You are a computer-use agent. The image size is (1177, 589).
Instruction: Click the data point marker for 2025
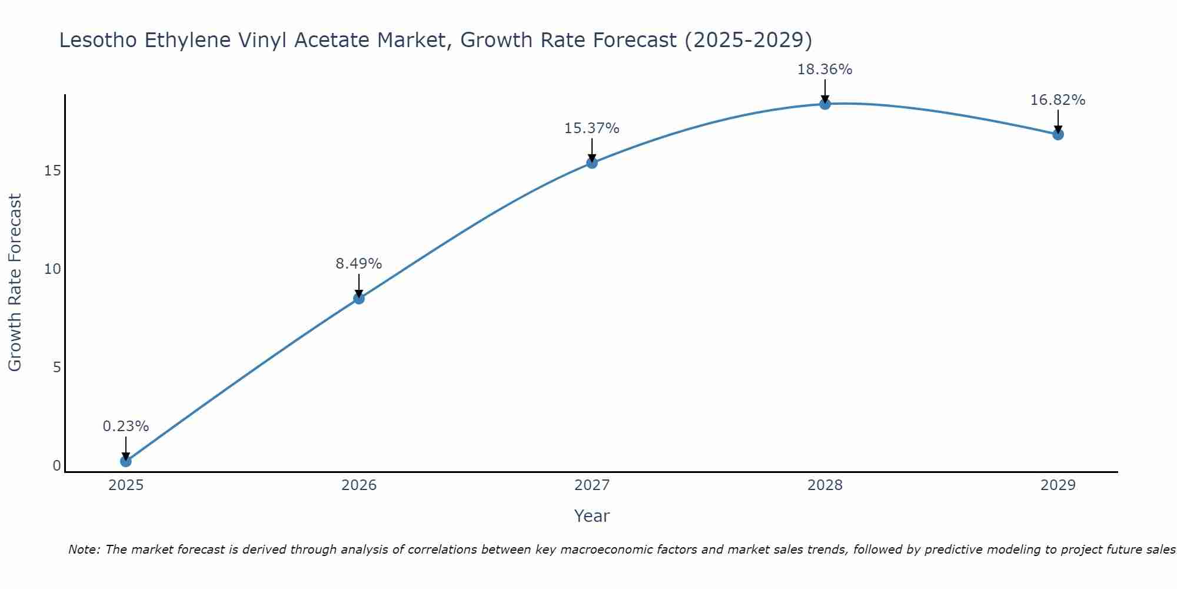tap(125, 461)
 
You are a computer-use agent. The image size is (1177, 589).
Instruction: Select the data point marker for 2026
tap(359, 299)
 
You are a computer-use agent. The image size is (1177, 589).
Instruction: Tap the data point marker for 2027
tap(592, 163)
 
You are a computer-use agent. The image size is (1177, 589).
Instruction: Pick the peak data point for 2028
tap(825, 104)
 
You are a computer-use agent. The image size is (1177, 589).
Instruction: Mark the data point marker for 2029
tap(1058, 134)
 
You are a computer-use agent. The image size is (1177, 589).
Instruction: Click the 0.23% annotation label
tap(125, 426)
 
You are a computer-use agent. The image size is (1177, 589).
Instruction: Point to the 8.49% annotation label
tap(359, 263)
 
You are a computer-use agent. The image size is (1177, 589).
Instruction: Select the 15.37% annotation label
tap(592, 128)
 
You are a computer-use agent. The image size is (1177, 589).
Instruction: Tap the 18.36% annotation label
tap(825, 69)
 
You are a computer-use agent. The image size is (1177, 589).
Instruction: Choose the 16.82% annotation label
tap(1058, 100)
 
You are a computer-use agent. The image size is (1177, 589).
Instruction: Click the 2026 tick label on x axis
tap(359, 485)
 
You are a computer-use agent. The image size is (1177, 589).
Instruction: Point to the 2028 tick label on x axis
tap(825, 485)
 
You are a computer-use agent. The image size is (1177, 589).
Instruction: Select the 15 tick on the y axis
tap(52, 171)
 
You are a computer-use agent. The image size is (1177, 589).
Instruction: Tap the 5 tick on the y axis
tap(57, 368)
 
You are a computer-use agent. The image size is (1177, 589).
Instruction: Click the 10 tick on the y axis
tap(52, 269)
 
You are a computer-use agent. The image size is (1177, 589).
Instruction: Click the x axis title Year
tap(592, 516)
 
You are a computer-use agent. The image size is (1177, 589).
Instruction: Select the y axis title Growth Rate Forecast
tap(15, 283)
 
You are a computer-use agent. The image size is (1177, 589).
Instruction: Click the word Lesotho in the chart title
tap(98, 40)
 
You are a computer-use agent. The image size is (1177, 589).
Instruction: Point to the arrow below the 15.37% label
tap(592, 150)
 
